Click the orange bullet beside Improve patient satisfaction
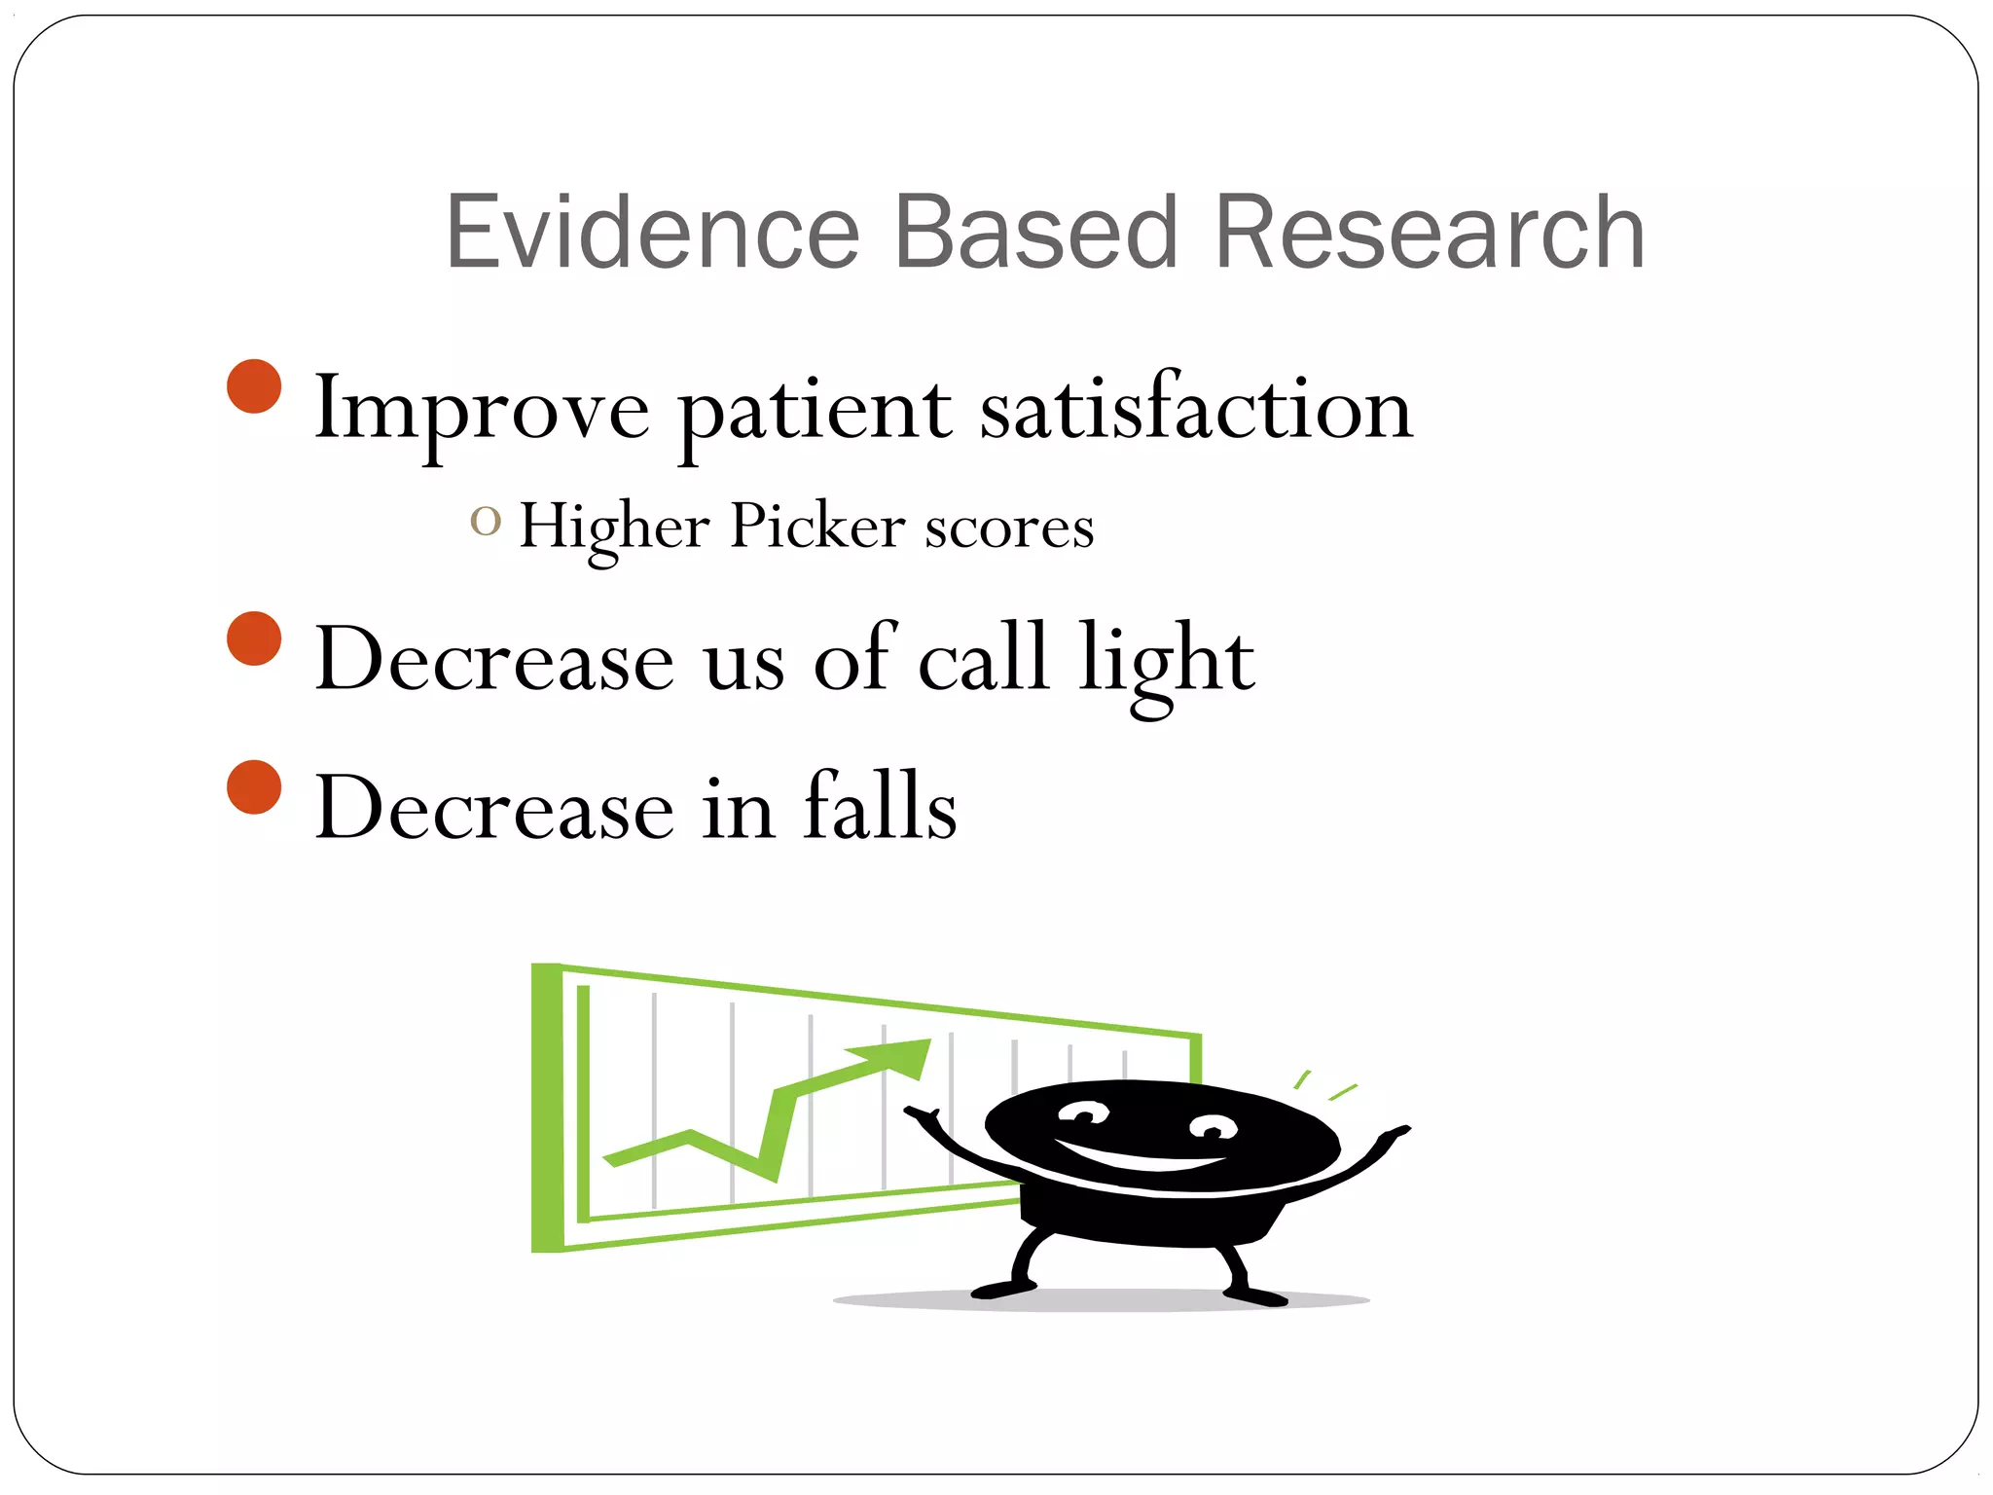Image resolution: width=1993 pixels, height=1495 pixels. click(x=254, y=386)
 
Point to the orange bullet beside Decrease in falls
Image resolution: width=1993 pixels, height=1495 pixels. click(x=254, y=786)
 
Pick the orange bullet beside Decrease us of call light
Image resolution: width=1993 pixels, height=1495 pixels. click(x=254, y=638)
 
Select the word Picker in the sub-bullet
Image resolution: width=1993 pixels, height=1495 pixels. click(x=817, y=528)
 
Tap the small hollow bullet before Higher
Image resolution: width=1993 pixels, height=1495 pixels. click(x=486, y=522)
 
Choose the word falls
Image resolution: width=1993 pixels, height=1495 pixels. click(x=880, y=808)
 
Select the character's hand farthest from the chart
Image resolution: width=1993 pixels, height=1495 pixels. click(x=1394, y=1135)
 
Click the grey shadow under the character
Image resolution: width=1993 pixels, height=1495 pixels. click(x=1100, y=1300)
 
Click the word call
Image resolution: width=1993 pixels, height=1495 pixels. click(x=983, y=660)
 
